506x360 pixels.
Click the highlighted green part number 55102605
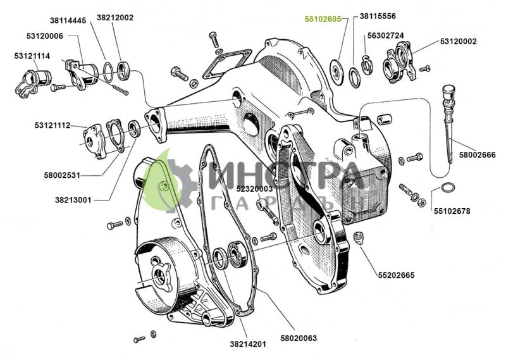(x=323, y=20)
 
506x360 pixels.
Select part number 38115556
(x=378, y=16)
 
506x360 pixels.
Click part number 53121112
(x=52, y=125)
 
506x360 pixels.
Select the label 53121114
(x=32, y=56)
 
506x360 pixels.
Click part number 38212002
(x=115, y=18)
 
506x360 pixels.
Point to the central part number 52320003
(x=254, y=189)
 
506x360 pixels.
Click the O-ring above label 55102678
(x=446, y=188)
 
